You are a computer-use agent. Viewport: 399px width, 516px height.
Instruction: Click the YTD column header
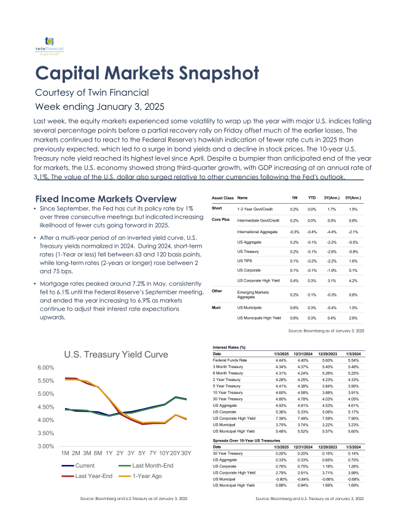click(x=312, y=198)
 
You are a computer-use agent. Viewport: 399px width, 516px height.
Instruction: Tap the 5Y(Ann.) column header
click(x=352, y=198)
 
